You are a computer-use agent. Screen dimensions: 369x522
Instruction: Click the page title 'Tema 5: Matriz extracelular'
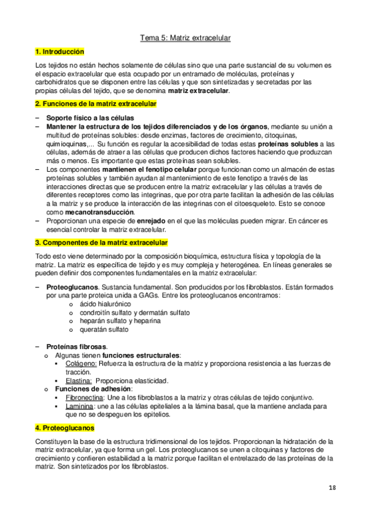(x=185, y=38)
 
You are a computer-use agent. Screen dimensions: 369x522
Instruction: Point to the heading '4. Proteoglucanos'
(x=65, y=427)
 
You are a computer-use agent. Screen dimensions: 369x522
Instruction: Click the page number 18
(x=332, y=488)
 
